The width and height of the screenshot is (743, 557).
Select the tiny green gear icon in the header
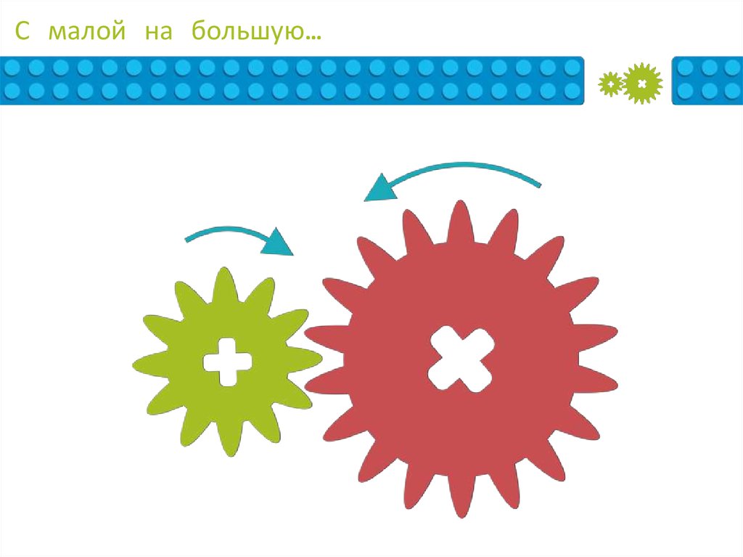(x=611, y=84)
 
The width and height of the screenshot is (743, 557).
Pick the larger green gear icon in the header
(x=642, y=84)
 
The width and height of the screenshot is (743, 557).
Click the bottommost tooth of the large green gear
(x=231, y=446)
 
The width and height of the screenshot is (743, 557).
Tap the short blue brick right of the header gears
(x=707, y=80)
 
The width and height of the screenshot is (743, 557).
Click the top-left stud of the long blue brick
(x=13, y=68)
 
